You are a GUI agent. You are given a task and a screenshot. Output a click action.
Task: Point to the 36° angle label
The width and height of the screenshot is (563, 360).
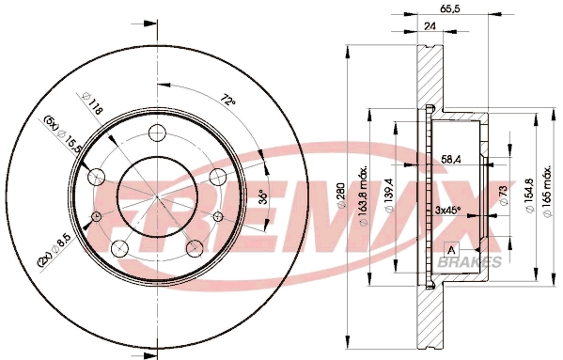pyautogui.click(x=262, y=198)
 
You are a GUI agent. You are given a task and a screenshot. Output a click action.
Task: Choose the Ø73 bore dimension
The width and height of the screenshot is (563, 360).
pyautogui.click(x=503, y=195)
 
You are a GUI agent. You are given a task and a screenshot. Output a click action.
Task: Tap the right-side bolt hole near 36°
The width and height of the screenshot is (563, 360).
pyautogui.click(x=217, y=175)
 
